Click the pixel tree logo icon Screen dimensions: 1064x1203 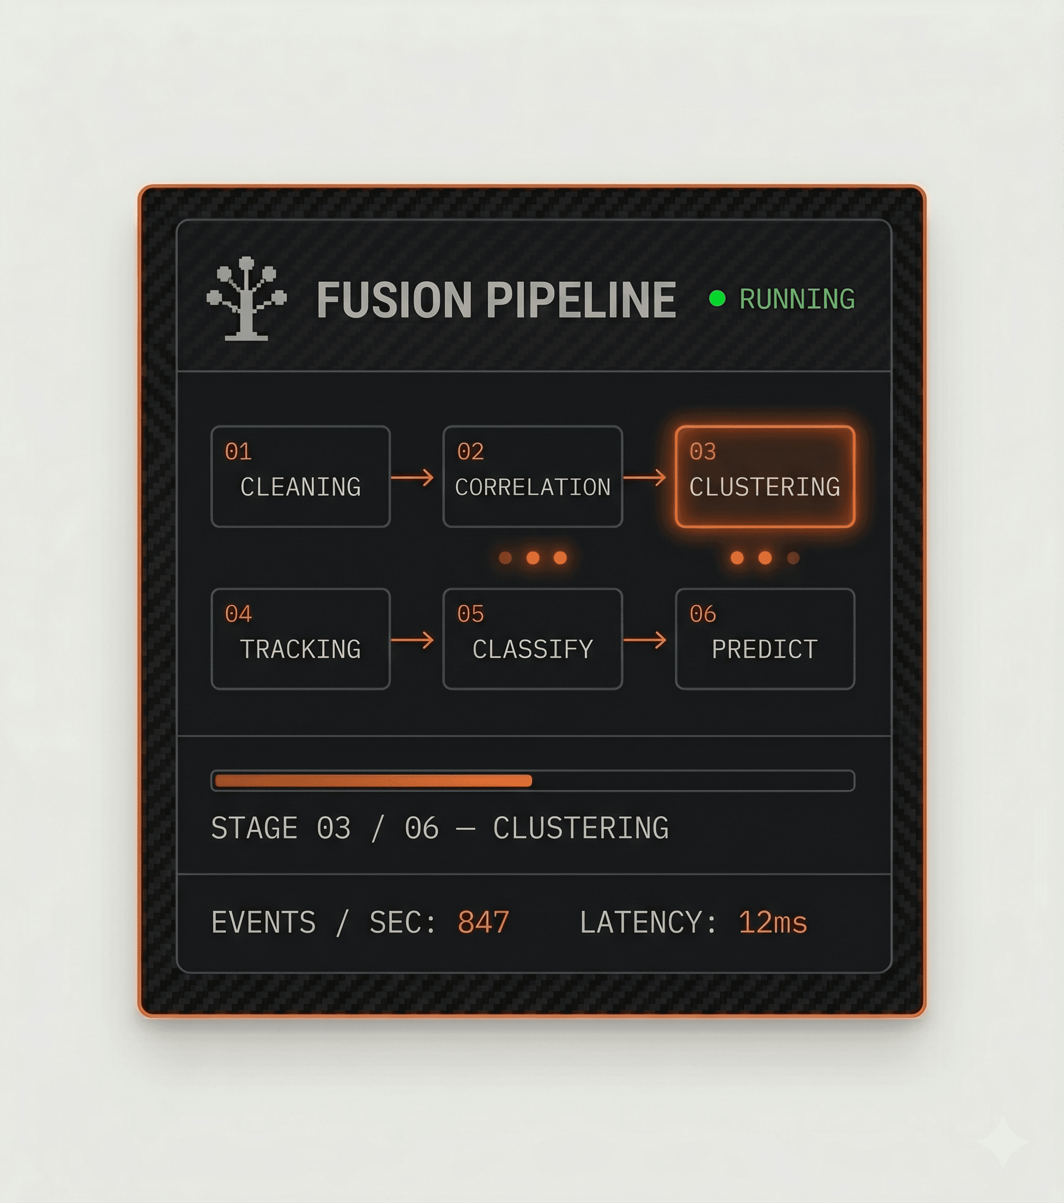pyautogui.click(x=247, y=299)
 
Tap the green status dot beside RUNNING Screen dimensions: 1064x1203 pyautogui.click(x=717, y=299)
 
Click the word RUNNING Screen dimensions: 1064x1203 pyautogui.click(x=797, y=299)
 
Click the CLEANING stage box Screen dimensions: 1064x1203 pyautogui.click(x=300, y=476)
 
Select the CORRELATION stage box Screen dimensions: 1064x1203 pyautogui.click(x=533, y=476)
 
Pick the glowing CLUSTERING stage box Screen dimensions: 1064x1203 pyautogui.click(x=765, y=476)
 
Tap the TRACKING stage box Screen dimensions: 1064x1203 pyautogui.click(x=300, y=639)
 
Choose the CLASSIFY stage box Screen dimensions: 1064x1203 pyautogui.click(x=533, y=639)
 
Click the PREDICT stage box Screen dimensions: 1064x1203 pyautogui.click(x=765, y=639)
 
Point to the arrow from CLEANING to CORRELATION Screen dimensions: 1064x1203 pyautogui.click(x=412, y=477)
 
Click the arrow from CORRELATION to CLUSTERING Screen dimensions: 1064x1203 pyautogui.click(x=645, y=477)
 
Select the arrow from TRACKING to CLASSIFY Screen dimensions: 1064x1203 pyautogui.click(x=412, y=640)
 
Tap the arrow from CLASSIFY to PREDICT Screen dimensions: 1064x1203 pyautogui.click(x=645, y=640)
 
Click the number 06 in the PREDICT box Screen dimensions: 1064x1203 pyautogui.click(x=703, y=614)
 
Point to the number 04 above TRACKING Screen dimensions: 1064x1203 pyautogui.click(x=238, y=614)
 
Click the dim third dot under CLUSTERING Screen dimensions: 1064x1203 pyautogui.click(x=793, y=557)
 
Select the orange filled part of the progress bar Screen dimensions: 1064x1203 pyautogui.click(x=373, y=780)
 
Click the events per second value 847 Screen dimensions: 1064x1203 pyautogui.click(x=483, y=922)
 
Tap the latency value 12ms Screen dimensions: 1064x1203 pyautogui.click(x=772, y=922)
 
